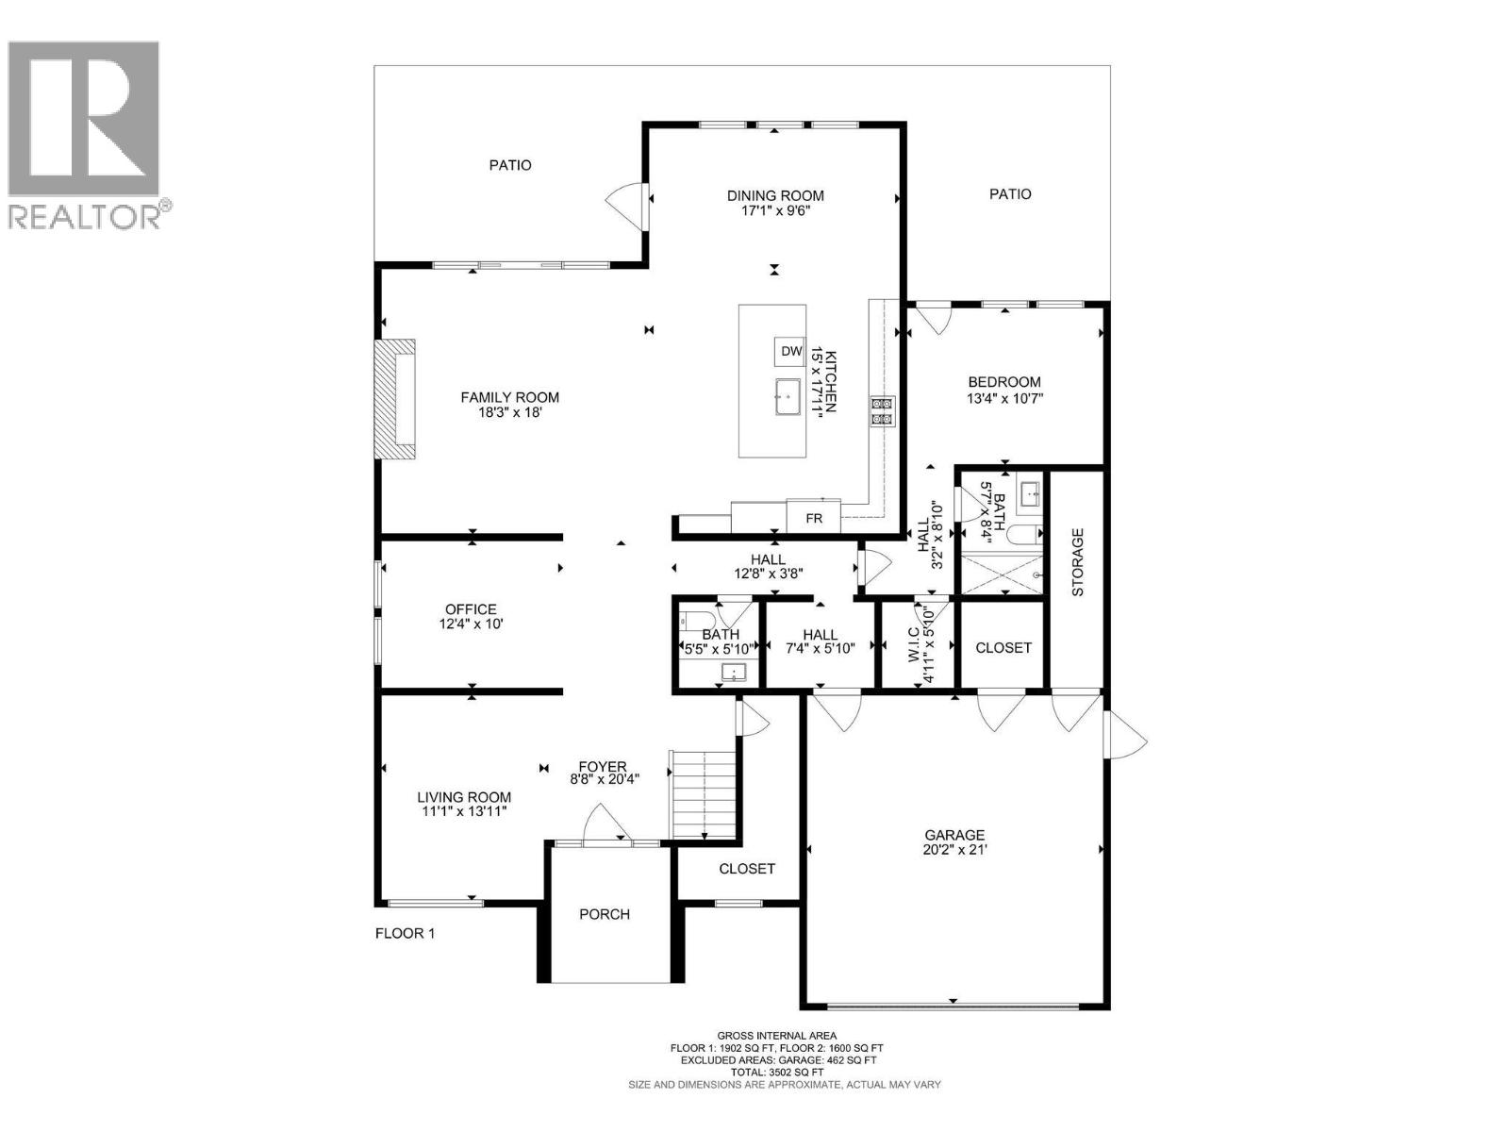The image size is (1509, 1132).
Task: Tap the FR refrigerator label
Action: (813, 519)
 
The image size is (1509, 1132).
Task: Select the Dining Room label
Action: (775, 195)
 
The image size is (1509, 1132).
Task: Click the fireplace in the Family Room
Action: (396, 399)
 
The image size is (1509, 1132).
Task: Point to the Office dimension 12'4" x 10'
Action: (471, 624)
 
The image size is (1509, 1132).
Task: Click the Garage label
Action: (953, 835)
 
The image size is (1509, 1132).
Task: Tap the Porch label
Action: (605, 914)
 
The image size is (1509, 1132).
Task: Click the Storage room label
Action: (1077, 562)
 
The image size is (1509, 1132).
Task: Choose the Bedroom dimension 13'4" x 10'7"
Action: (1004, 398)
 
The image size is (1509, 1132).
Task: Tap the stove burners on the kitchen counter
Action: (883, 412)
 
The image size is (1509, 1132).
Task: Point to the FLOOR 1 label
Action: (405, 934)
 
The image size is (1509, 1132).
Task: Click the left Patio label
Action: (510, 165)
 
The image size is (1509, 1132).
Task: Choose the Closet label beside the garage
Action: (1003, 648)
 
